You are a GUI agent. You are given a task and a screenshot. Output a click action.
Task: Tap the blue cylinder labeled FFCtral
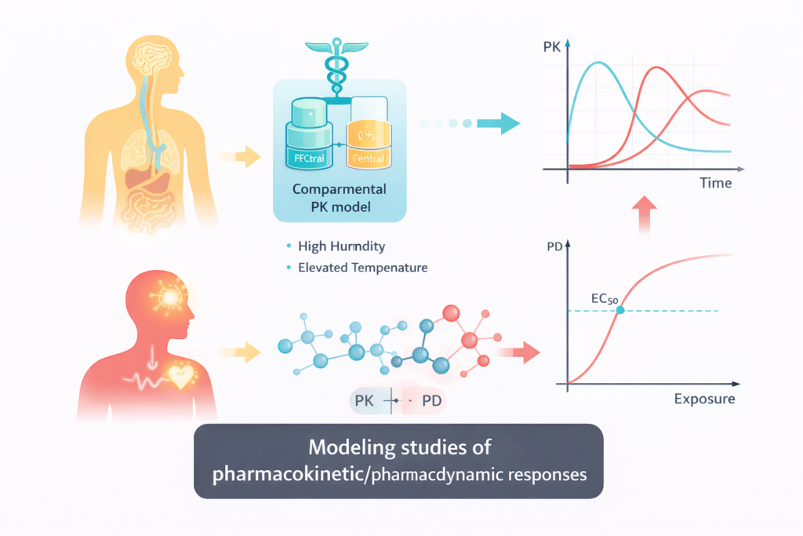tap(308, 137)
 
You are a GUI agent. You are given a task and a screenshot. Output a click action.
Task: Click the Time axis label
tap(714, 183)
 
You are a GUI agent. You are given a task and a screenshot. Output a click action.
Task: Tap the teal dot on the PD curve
tap(620, 311)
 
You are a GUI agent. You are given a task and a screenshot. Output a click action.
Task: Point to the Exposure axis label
tap(703, 399)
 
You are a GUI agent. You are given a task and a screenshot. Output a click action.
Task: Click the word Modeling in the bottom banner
tap(351, 449)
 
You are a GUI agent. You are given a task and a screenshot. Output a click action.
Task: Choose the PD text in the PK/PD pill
tap(432, 401)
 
